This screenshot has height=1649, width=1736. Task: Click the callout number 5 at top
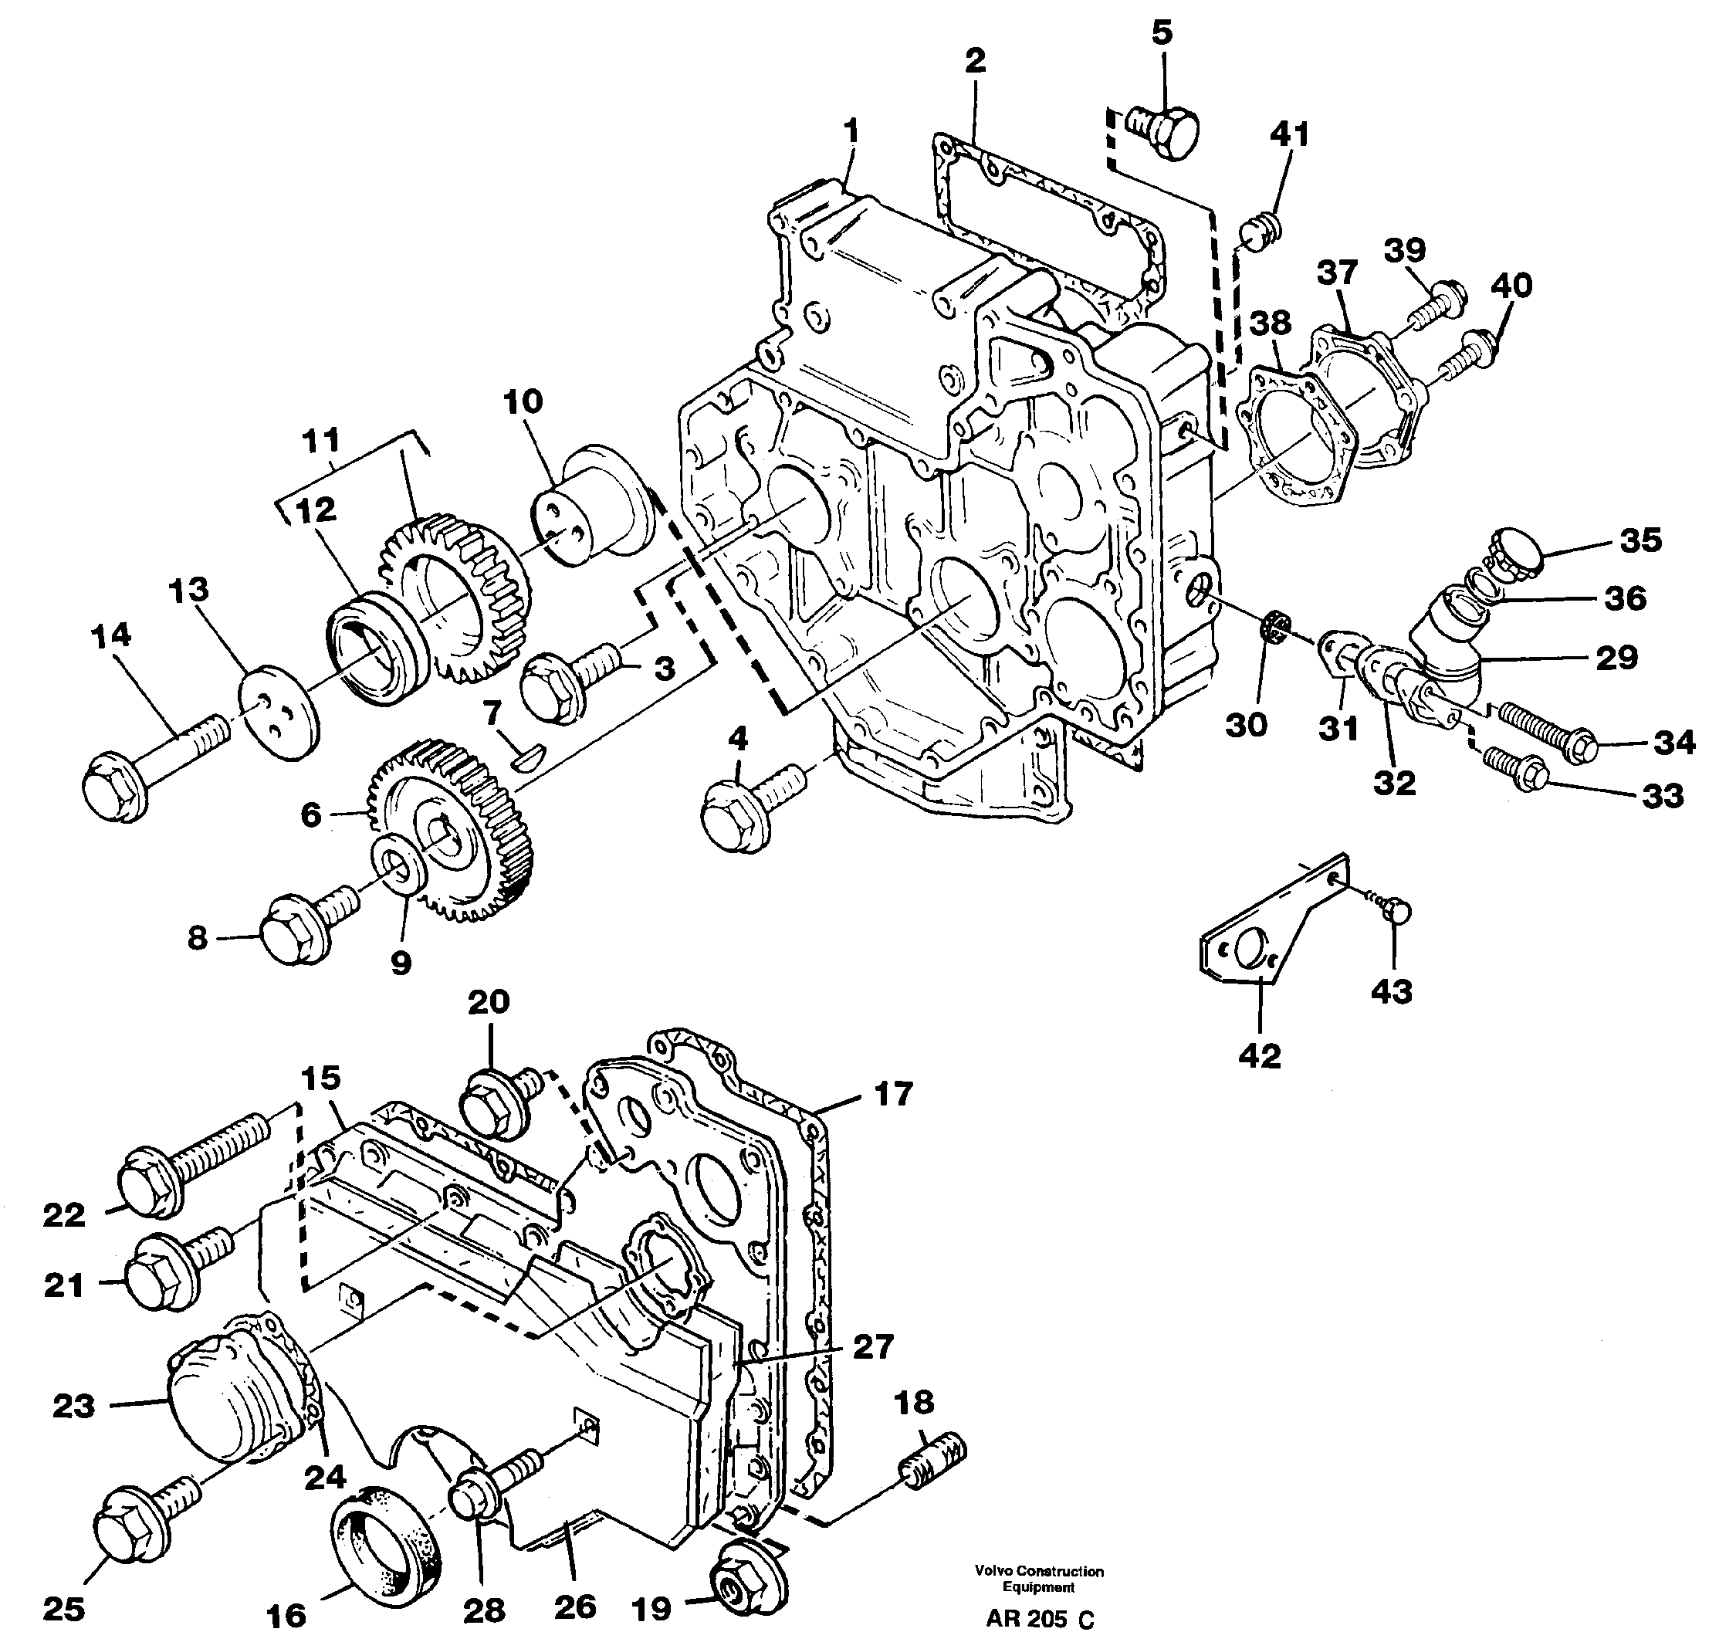point(1161,33)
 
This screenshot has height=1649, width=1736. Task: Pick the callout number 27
point(873,1346)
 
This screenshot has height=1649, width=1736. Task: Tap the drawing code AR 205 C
point(1040,1619)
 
